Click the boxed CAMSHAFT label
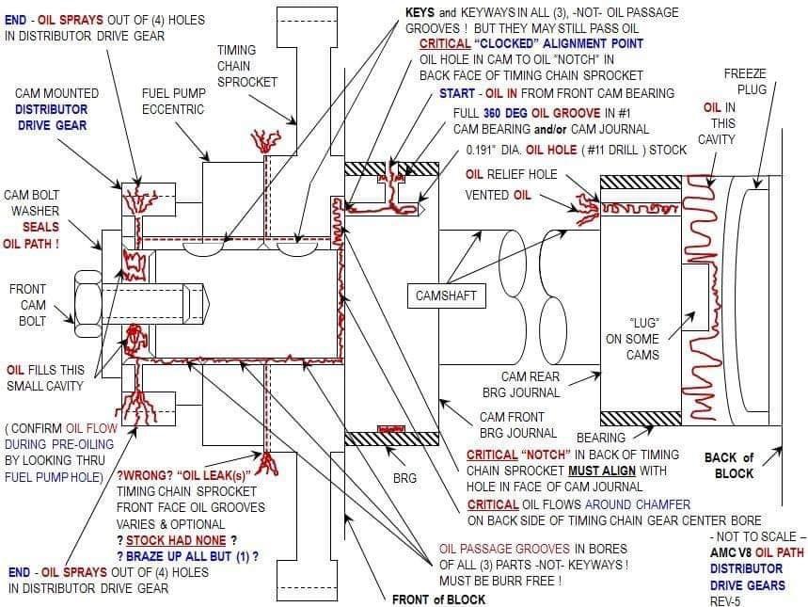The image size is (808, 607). (446, 296)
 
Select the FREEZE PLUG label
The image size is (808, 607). (746, 82)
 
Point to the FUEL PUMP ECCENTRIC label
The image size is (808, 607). (173, 102)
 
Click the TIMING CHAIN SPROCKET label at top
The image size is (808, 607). (247, 65)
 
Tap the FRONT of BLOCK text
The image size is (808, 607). (438, 599)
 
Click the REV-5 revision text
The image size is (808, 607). (724, 599)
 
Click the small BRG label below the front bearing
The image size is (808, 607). (404, 478)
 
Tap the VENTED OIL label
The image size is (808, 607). (498, 195)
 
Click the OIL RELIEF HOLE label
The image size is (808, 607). (511, 174)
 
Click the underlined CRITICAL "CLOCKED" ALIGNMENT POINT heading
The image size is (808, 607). (531, 43)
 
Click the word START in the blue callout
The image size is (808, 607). (458, 93)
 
